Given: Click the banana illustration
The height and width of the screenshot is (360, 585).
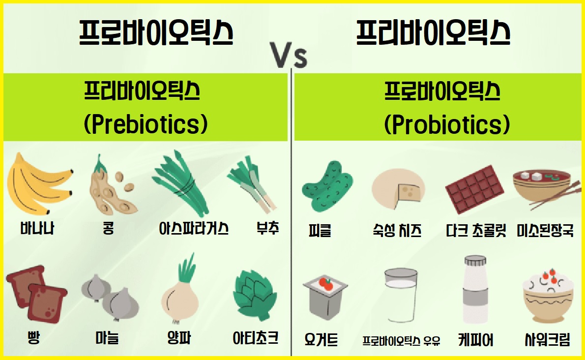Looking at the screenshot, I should pyautogui.click(x=39, y=184).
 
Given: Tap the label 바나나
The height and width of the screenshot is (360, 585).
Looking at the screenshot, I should pyautogui.click(x=37, y=229).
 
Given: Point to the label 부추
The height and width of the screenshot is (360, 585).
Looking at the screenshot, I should pyautogui.click(x=268, y=229).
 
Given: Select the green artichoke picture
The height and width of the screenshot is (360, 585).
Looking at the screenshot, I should pyautogui.click(x=254, y=295).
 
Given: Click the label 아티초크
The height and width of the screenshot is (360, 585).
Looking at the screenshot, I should pyautogui.click(x=256, y=338).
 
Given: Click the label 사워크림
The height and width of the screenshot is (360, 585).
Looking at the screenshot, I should pyautogui.click(x=547, y=339).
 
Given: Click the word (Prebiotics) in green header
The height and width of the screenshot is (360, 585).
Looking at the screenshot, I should pyautogui.click(x=146, y=125).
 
